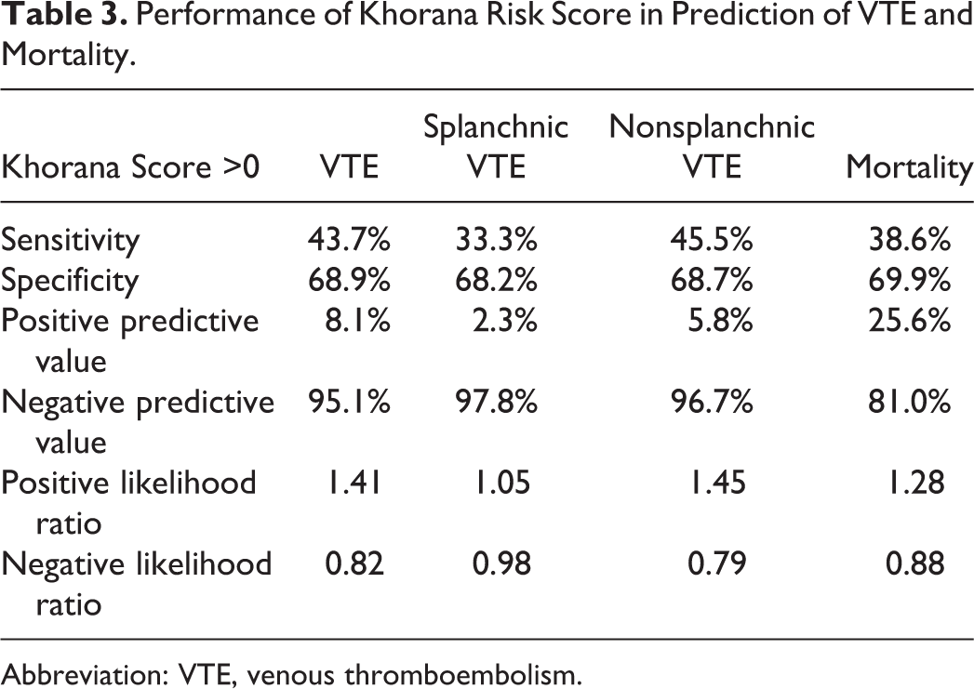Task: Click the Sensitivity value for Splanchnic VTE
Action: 497,240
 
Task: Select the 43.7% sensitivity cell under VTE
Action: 349,240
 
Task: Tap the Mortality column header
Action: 909,167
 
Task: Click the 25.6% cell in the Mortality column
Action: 910,321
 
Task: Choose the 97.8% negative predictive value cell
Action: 497,402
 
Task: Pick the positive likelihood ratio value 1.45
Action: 717,483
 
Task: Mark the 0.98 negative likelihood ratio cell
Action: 502,563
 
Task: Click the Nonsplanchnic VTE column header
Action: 712,147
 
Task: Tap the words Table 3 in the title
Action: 64,14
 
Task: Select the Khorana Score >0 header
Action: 130,167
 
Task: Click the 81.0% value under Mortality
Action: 910,402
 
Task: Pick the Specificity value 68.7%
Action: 712,281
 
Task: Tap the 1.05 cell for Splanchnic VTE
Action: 502,483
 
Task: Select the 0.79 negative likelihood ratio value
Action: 717,563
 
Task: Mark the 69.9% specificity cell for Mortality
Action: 910,281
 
